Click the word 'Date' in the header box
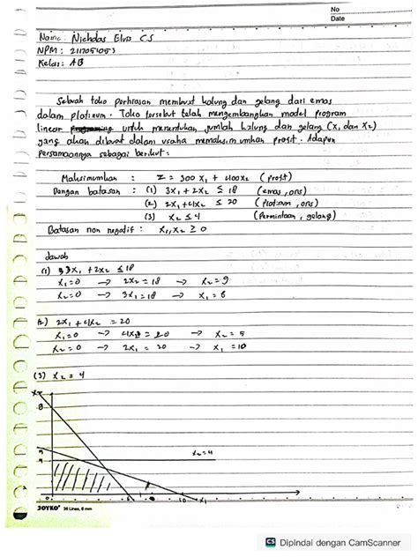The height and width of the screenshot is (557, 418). point(340,18)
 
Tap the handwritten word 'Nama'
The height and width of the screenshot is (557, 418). point(55,40)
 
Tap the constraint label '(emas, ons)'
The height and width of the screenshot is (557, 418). point(281,189)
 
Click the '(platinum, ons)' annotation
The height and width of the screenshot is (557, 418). point(291,202)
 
